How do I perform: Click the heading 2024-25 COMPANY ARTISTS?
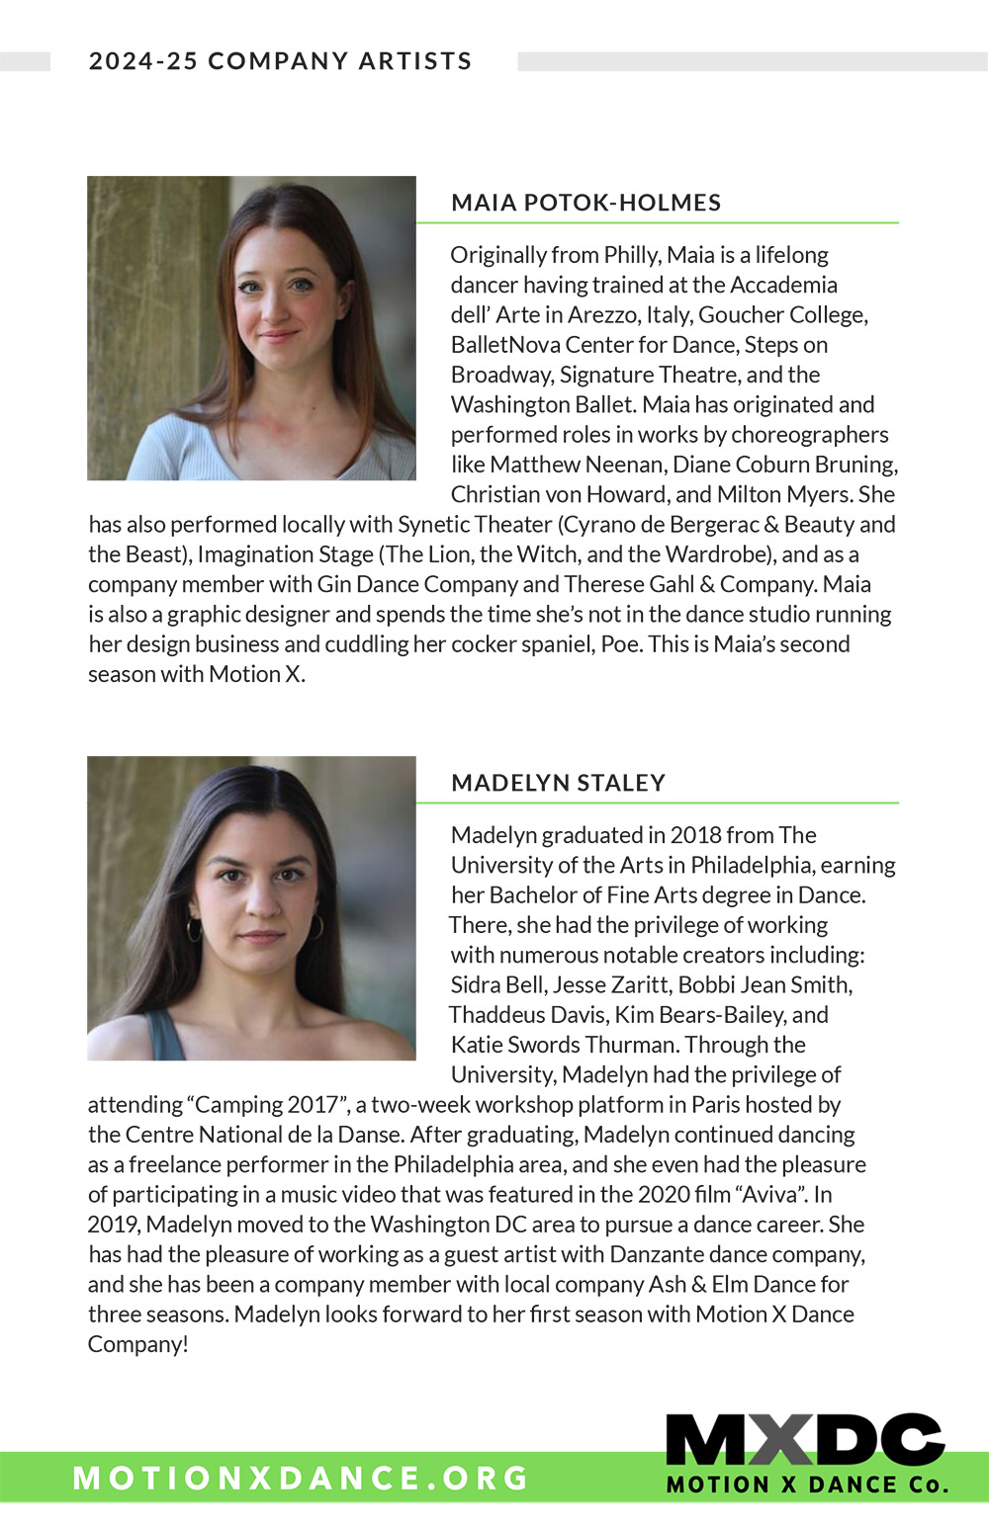pyautogui.click(x=280, y=61)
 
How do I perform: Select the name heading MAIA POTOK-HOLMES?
pyautogui.click(x=585, y=203)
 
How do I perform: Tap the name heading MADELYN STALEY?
pyautogui.click(x=558, y=783)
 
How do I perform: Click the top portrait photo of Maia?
pyautogui.click(x=251, y=328)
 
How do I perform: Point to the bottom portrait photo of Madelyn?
pyautogui.click(x=251, y=908)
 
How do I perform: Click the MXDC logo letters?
pyautogui.click(x=804, y=1440)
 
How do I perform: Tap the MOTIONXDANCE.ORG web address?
pyautogui.click(x=301, y=1478)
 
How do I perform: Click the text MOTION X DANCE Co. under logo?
pyautogui.click(x=807, y=1485)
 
